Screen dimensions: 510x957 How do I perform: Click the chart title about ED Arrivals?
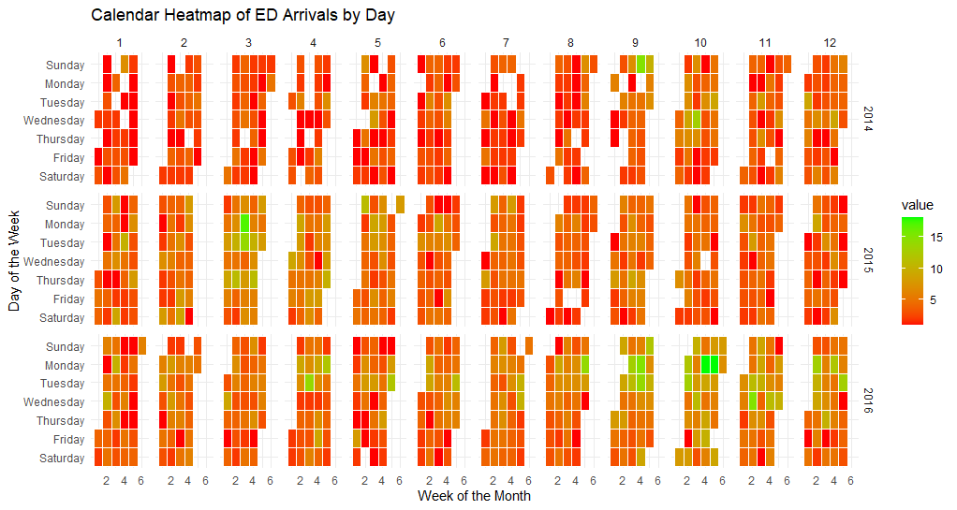pyautogui.click(x=243, y=16)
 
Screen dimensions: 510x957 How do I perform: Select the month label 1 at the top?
pyautogui.click(x=119, y=43)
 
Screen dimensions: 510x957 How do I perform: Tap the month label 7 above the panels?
pyautogui.click(x=506, y=43)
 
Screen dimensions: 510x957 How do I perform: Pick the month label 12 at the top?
pyautogui.click(x=829, y=43)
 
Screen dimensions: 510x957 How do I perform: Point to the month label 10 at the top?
pyautogui.click(x=699, y=43)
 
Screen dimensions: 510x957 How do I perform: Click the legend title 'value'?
pyautogui.click(x=917, y=205)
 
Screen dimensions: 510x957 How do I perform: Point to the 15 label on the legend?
pyautogui.click(x=937, y=238)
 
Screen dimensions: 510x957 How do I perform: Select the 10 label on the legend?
pyautogui.click(x=937, y=269)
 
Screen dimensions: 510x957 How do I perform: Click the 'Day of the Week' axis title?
pyautogui.click(x=14, y=261)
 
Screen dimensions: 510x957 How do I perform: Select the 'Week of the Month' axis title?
pyautogui.click(x=474, y=496)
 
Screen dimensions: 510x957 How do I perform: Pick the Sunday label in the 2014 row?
pyautogui.click(x=65, y=66)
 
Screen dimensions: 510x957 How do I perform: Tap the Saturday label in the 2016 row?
pyautogui.click(x=62, y=459)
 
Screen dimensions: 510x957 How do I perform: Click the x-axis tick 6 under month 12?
pyautogui.click(x=850, y=480)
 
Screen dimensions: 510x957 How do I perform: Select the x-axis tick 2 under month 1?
pyautogui.click(x=106, y=480)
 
